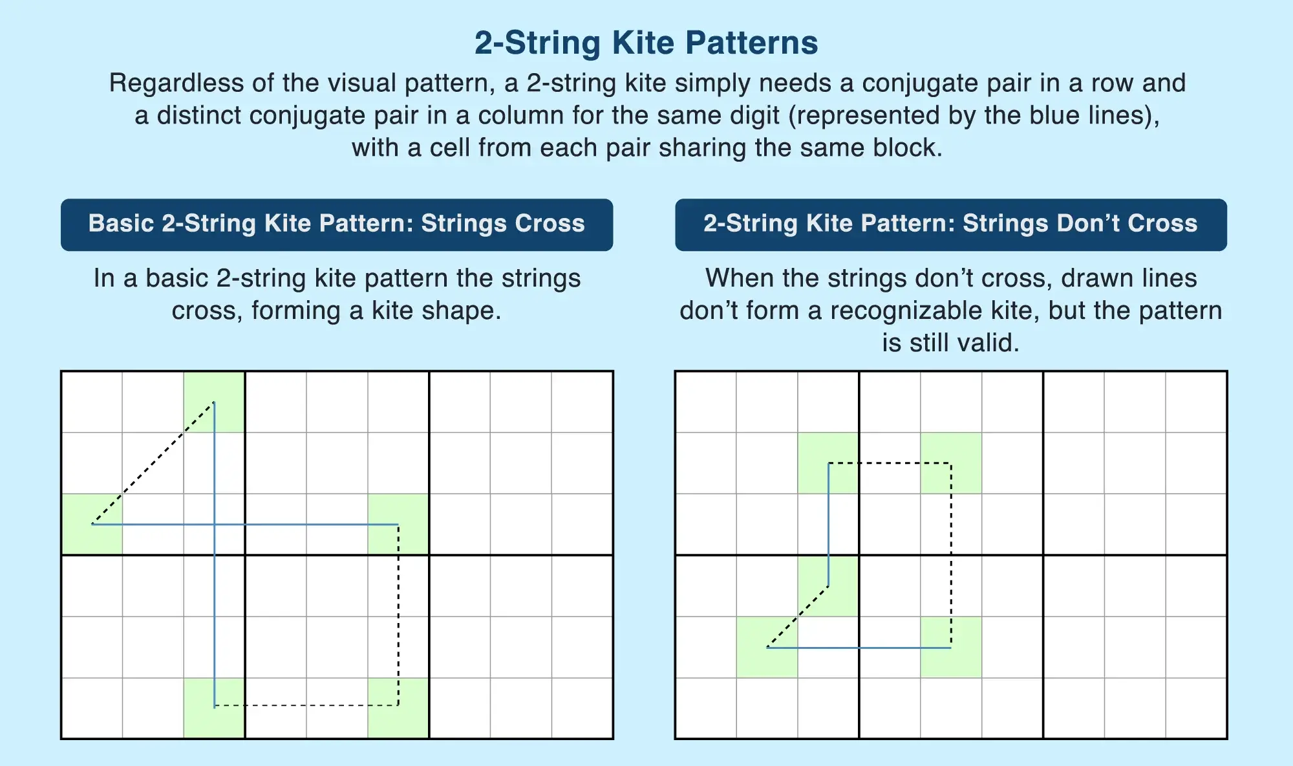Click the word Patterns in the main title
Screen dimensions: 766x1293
pos(751,43)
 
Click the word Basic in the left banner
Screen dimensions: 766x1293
pos(121,223)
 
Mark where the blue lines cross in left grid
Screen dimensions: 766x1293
pos(215,525)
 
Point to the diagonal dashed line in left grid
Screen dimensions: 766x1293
pos(153,463)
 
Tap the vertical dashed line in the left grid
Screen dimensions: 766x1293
pos(398,615)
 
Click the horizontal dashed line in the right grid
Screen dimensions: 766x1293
pos(890,463)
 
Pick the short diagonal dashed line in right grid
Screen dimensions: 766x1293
pos(798,617)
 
